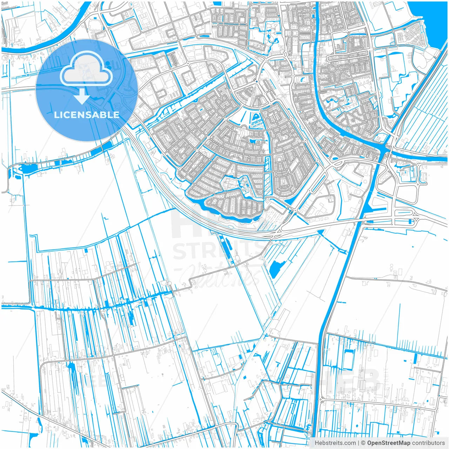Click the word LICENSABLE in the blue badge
87,115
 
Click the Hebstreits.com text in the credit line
335,443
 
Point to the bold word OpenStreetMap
389,443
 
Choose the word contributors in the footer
428,443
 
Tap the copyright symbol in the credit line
363,443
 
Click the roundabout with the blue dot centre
256,81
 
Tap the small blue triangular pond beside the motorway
320,232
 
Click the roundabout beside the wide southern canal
320,399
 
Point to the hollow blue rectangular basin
348,359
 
